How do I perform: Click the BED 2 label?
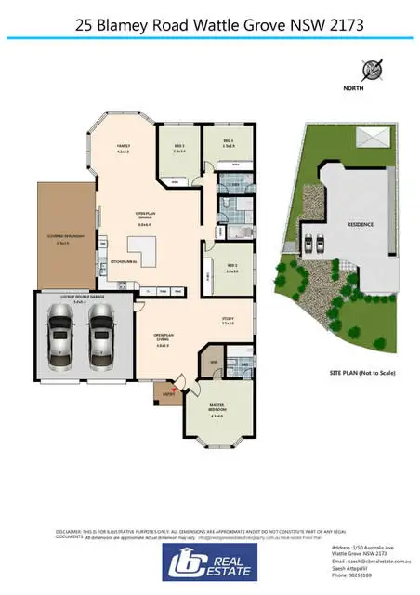tap(232, 266)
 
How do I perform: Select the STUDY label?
tap(228, 321)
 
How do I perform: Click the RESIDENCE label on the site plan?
tap(361, 224)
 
